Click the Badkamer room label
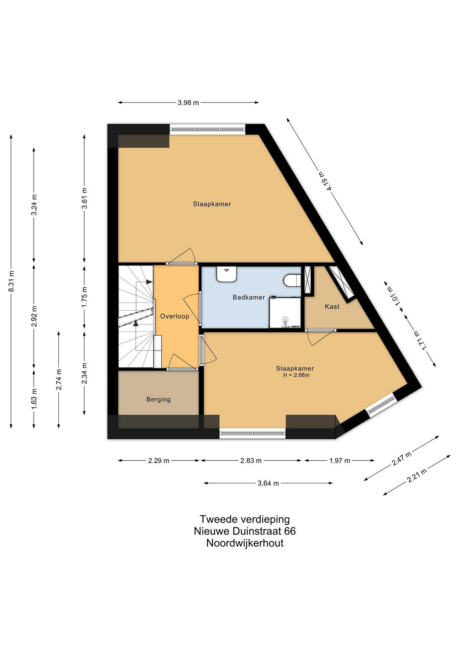[x=249, y=297]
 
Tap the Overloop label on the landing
[x=175, y=316]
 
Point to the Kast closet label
[x=332, y=307]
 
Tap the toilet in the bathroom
[x=292, y=280]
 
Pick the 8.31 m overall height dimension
[x=11, y=281]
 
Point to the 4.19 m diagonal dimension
[x=325, y=181]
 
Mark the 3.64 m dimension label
[x=268, y=483]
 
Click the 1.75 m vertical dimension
[x=84, y=297]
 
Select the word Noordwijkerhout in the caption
[x=245, y=543]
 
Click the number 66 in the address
[x=290, y=531]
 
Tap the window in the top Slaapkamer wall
[x=208, y=129]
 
